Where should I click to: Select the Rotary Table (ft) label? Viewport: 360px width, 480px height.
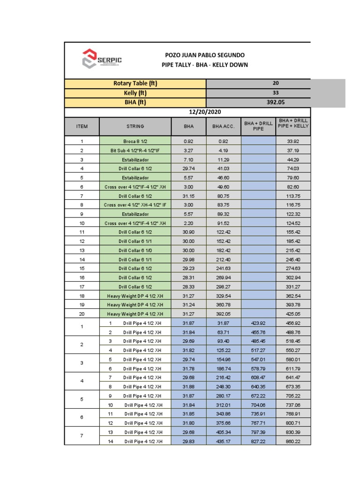(135, 83)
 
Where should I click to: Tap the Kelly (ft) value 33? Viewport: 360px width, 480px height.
(275, 93)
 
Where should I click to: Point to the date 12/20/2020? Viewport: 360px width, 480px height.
(204, 112)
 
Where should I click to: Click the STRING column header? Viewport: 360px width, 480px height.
(135, 126)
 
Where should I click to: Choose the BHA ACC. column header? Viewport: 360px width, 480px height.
(223, 126)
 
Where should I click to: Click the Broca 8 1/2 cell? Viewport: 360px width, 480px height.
(135, 142)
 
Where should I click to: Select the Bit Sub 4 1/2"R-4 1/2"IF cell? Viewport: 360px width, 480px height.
(135, 150)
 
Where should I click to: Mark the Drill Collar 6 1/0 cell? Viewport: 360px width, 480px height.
(135, 250)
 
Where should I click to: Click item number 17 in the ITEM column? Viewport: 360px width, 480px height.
(82, 286)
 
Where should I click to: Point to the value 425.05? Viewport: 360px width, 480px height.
(293, 314)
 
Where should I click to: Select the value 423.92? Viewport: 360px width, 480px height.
(258, 323)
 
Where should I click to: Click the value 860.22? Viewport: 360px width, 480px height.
(293, 441)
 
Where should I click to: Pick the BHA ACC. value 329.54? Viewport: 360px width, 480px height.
(223, 296)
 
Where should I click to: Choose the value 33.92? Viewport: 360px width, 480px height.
(293, 142)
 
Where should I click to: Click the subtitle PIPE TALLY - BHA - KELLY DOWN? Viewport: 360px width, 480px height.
(204, 65)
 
